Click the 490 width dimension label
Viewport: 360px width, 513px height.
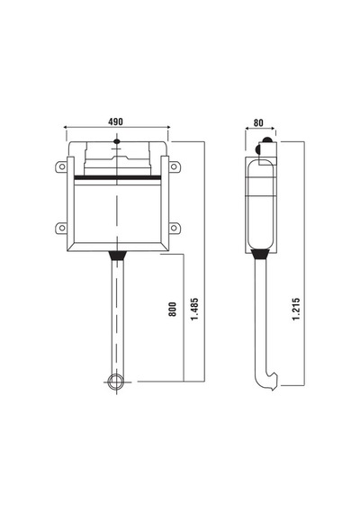(x=115, y=121)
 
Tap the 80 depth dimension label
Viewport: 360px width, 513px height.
(x=258, y=123)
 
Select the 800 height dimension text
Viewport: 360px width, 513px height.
(x=172, y=310)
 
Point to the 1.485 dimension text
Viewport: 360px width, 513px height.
(x=194, y=310)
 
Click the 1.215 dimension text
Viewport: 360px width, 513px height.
(x=296, y=310)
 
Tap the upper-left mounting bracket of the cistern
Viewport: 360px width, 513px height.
(x=61, y=166)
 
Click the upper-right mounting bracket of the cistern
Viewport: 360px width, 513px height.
(x=175, y=166)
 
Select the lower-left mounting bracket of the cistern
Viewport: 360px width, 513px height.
(x=61, y=228)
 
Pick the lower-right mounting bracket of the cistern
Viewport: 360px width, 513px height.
(x=175, y=228)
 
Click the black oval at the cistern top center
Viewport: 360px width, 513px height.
(x=116, y=141)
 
